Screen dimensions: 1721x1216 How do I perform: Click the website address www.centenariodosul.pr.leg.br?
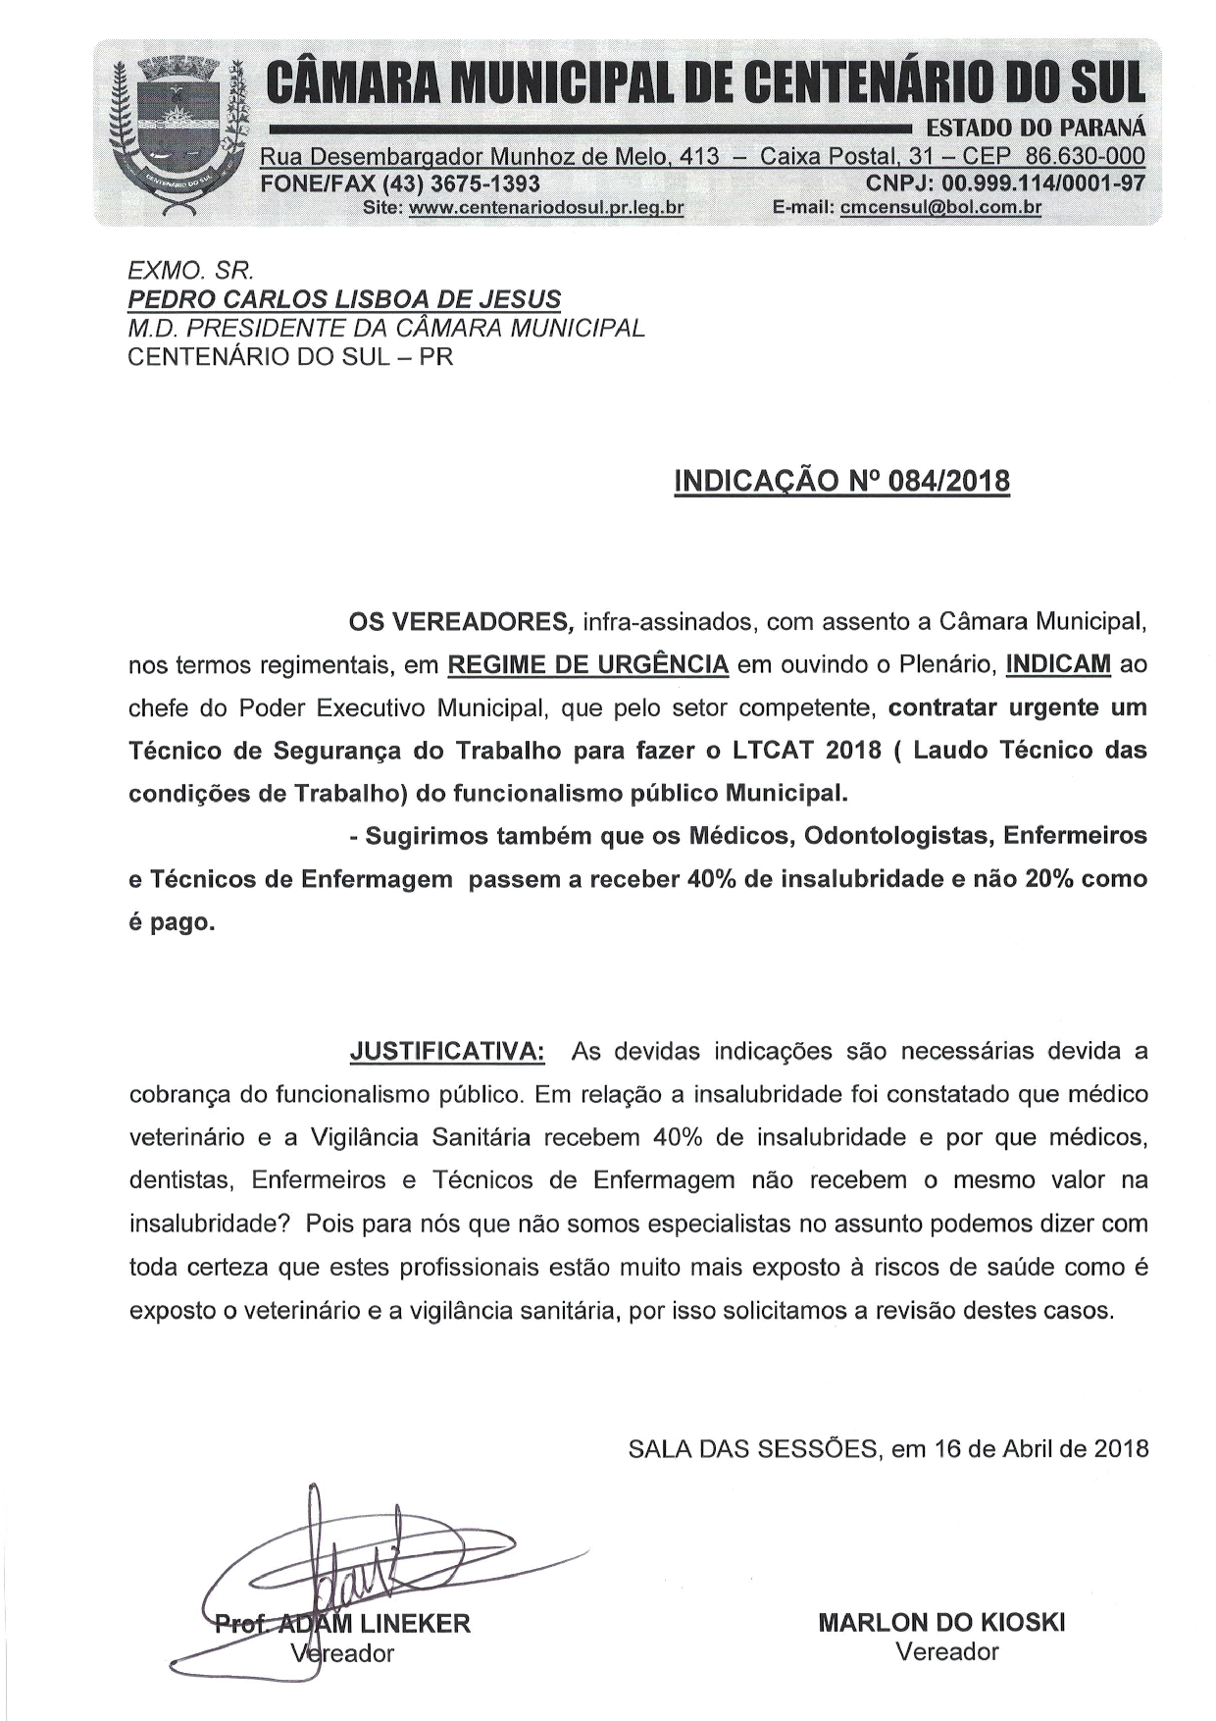tap(546, 208)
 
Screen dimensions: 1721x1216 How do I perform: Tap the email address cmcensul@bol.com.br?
tap(940, 208)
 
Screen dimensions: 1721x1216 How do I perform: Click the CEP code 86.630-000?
tap(1085, 157)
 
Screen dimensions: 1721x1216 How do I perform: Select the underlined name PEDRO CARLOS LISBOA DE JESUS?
tap(345, 299)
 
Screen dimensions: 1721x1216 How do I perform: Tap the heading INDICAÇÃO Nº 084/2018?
tap(841, 482)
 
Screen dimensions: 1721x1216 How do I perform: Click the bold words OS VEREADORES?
tap(461, 622)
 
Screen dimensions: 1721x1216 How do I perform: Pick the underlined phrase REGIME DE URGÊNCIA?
tap(587, 665)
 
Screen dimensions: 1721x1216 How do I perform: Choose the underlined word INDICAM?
tap(1058, 665)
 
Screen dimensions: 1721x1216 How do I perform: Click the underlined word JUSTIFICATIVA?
tap(447, 1052)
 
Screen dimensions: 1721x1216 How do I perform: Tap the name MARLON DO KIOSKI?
tap(941, 1623)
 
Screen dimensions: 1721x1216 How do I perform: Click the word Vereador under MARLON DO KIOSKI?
tap(946, 1652)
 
